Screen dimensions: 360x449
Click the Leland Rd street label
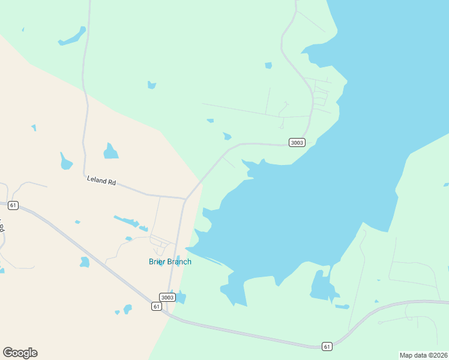[x=101, y=179]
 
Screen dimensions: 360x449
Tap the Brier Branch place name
[x=170, y=262]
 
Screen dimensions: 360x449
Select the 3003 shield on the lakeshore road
[x=297, y=142]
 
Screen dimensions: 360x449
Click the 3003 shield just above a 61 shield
[x=167, y=297]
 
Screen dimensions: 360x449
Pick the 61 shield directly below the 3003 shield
[x=157, y=307]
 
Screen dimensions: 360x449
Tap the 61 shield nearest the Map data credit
[x=327, y=346]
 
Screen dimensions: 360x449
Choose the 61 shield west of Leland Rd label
[x=13, y=205]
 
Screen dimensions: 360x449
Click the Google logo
[x=20, y=352]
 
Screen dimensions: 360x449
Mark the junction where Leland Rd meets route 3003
[x=185, y=198]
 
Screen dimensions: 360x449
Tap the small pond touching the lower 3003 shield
[x=179, y=297]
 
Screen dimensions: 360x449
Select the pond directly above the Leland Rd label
[x=110, y=151]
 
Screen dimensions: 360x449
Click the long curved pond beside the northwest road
[x=73, y=37]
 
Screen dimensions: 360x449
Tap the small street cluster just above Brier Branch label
[x=161, y=243]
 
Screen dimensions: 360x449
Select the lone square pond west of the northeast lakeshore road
[x=268, y=65]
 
